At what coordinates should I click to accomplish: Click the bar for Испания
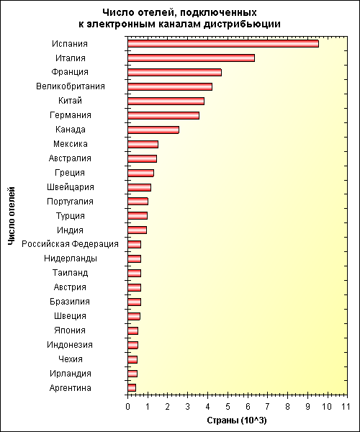(x=223, y=44)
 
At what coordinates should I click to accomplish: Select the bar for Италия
(x=191, y=58)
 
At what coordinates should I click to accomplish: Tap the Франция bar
(x=175, y=73)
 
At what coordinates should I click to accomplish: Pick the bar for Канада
(x=153, y=130)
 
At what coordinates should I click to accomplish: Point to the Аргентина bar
(x=132, y=388)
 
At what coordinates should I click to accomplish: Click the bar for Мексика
(x=143, y=144)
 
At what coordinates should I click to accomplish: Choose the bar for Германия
(x=163, y=115)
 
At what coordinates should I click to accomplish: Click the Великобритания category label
(x=71, y=86)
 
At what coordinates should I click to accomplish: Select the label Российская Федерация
(x=71, y=244)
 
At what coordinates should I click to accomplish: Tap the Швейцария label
(x=71, y=187)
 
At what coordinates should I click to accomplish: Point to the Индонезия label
(x=70, y=345)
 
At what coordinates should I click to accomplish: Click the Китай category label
(x=71, y=101)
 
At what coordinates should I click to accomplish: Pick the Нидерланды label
(x=71, y=258)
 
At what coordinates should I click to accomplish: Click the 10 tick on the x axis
(x=327, y=406)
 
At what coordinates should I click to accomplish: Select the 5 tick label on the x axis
(x=228, y=406)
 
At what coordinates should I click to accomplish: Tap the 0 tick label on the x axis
(x=128, y=406)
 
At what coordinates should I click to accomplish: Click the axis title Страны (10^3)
(x=237, y=420)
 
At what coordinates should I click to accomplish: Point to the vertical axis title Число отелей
(x=11, y=216)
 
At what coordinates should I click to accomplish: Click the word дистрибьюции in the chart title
(x=242, y=24)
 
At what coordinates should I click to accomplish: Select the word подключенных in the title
(x=219, y=13)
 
